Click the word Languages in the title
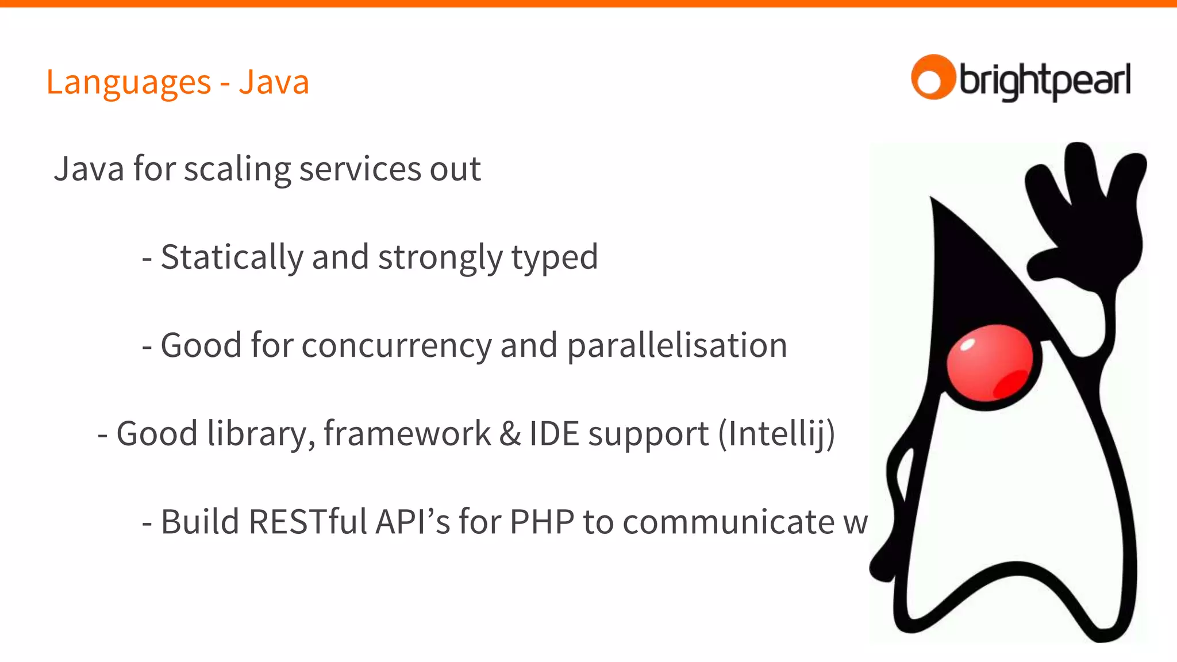point(129,83)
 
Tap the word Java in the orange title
point(274,82)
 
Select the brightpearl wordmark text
point(1045,81)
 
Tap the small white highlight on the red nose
point(968,345)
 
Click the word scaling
point(237,170)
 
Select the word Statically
point(232,257)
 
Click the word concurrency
point(397,346)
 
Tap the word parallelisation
point(677,345)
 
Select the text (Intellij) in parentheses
point(776,434)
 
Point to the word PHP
point(541,522)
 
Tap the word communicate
point(728,522)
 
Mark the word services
point(360,170)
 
